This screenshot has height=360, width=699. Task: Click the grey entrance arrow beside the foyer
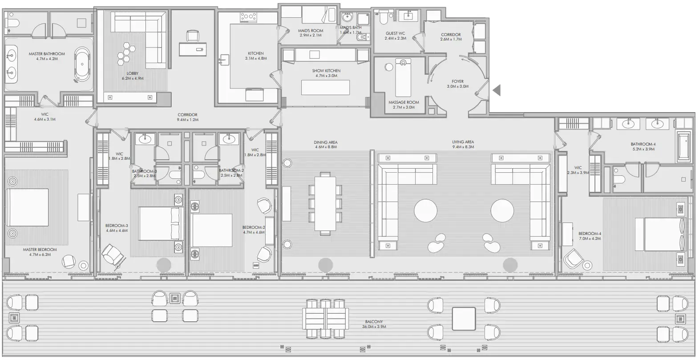497,90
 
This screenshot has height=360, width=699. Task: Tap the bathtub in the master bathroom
82,64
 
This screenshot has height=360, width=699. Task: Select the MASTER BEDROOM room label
40,250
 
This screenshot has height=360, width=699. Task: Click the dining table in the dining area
325,204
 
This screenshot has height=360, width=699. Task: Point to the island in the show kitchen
326,87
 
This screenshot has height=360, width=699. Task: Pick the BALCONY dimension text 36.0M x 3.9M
374,327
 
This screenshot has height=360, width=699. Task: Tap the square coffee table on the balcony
464,318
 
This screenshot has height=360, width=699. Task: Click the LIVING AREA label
463,142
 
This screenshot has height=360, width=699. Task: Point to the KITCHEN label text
255,53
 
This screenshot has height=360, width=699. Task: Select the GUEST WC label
395,33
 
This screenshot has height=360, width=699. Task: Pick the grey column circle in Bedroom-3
164,265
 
